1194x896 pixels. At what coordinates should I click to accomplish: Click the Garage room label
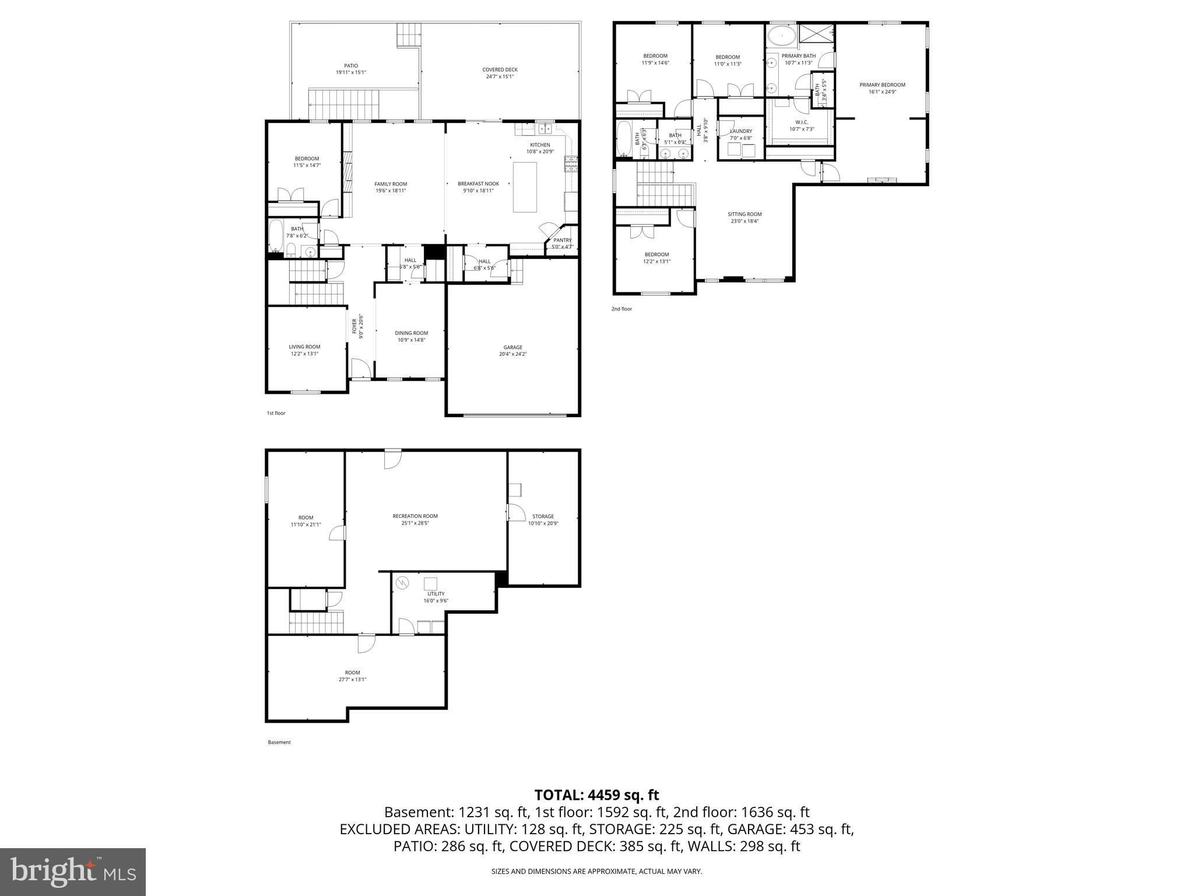pos(512,347)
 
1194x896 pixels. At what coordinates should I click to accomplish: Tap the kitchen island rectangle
pos(525,187)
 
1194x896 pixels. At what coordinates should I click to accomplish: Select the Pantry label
pos(563,240)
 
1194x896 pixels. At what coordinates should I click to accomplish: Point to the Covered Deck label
pos(500,70)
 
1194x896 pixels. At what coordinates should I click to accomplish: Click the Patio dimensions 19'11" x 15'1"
pos(351,73)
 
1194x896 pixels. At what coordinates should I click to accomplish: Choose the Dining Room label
pos(411,333)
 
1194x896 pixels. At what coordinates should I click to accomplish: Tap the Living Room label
pos(304,346)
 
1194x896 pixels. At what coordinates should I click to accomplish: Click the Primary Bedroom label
pos(882,85)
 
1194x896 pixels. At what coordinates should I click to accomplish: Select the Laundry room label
pos(741,131)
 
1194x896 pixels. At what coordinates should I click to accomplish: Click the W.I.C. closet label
pos(802,122)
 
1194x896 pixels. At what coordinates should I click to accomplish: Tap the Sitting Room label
pos(745,214)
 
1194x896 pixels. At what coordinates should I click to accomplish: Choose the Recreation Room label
pos(415,516)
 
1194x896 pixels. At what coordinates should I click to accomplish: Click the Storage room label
pos(543,516)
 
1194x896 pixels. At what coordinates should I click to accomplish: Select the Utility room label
pos(436,594)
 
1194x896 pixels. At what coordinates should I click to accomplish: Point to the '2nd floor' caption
pos(621,309)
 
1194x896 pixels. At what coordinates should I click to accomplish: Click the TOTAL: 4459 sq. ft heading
pos(596,795)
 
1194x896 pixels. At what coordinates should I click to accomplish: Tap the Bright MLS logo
pos(73,871)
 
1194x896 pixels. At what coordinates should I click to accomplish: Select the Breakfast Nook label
pos(478,184)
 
